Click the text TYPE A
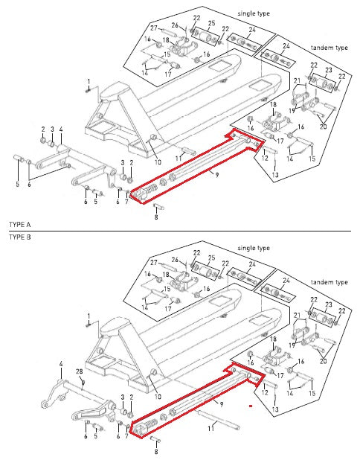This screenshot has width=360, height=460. (x=19, y=224)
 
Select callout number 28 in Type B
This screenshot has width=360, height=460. (x=79, y=371)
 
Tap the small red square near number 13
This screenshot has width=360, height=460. (x=252, y=407)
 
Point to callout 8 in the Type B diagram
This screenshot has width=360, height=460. (x=156, y=451)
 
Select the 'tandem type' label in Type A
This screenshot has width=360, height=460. (x=330, y=48)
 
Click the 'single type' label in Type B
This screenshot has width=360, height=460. (x=255, y=247)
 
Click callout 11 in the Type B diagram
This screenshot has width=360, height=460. (x=211, y=429)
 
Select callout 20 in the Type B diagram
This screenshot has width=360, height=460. (x=323, y=361)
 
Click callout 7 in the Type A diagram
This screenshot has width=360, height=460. (x=127, y=202)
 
